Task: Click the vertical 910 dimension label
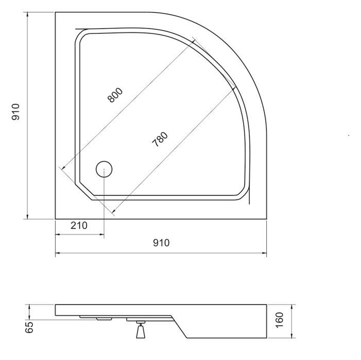point(15,112)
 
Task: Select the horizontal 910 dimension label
point(161,243)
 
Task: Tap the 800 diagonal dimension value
point(115,95)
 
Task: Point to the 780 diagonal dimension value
point(160,139)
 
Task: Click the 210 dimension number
point(79,226)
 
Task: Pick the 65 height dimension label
point(29,327)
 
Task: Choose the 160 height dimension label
point(279,320)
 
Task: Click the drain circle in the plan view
point(104,169)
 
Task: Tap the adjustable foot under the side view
point(140,330)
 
